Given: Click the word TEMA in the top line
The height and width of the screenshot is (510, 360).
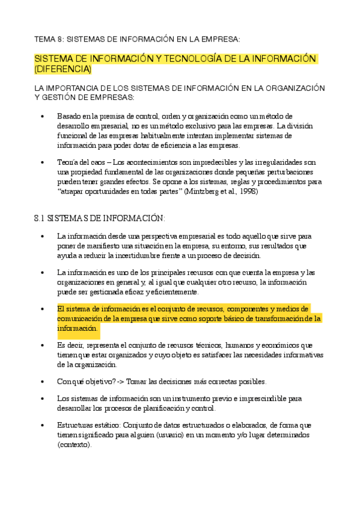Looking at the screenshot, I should click(44, 39).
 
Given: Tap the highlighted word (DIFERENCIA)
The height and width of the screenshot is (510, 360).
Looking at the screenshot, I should click(63, 69).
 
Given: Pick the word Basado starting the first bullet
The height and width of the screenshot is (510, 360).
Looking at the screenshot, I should click(69, 116).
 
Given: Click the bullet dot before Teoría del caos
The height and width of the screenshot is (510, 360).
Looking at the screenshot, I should click(41, 162).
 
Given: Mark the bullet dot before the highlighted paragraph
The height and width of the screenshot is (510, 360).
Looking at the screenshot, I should click(41, 309).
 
